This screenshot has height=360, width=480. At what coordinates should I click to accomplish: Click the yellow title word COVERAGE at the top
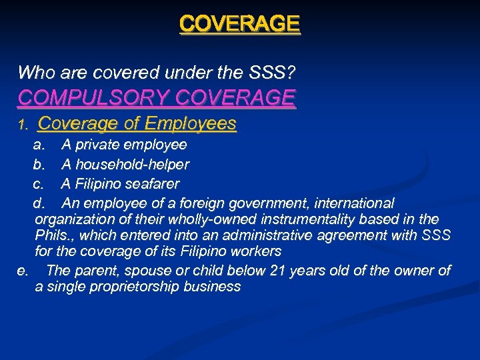coord(239,24)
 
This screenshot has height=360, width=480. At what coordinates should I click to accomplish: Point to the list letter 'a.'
coord(39,145)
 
